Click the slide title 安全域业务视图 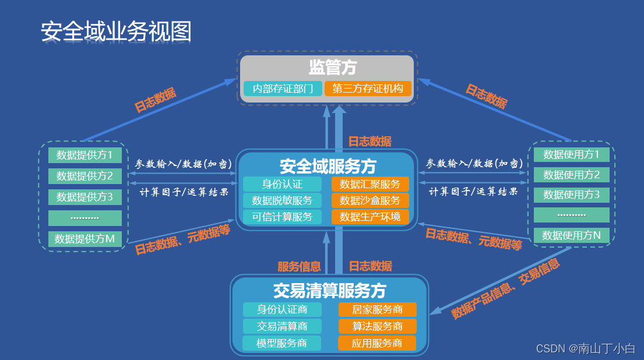coord(116,32)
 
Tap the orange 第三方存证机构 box coord(368,89)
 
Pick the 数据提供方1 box coord(85,155)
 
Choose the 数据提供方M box coord(85,239)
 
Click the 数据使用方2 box coord(571,175)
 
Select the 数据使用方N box coord(571,235)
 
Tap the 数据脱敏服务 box coord(282,201)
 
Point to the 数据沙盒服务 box coord(370,201)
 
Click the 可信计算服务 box coord(282,217)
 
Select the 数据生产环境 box coord(370,217)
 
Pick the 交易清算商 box coord(282,326)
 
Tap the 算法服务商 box coord(377,326)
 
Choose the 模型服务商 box coord(282,343)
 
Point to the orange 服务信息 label coord(299,267)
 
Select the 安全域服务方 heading coord(328,167)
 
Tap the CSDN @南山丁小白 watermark coord(585,348)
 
